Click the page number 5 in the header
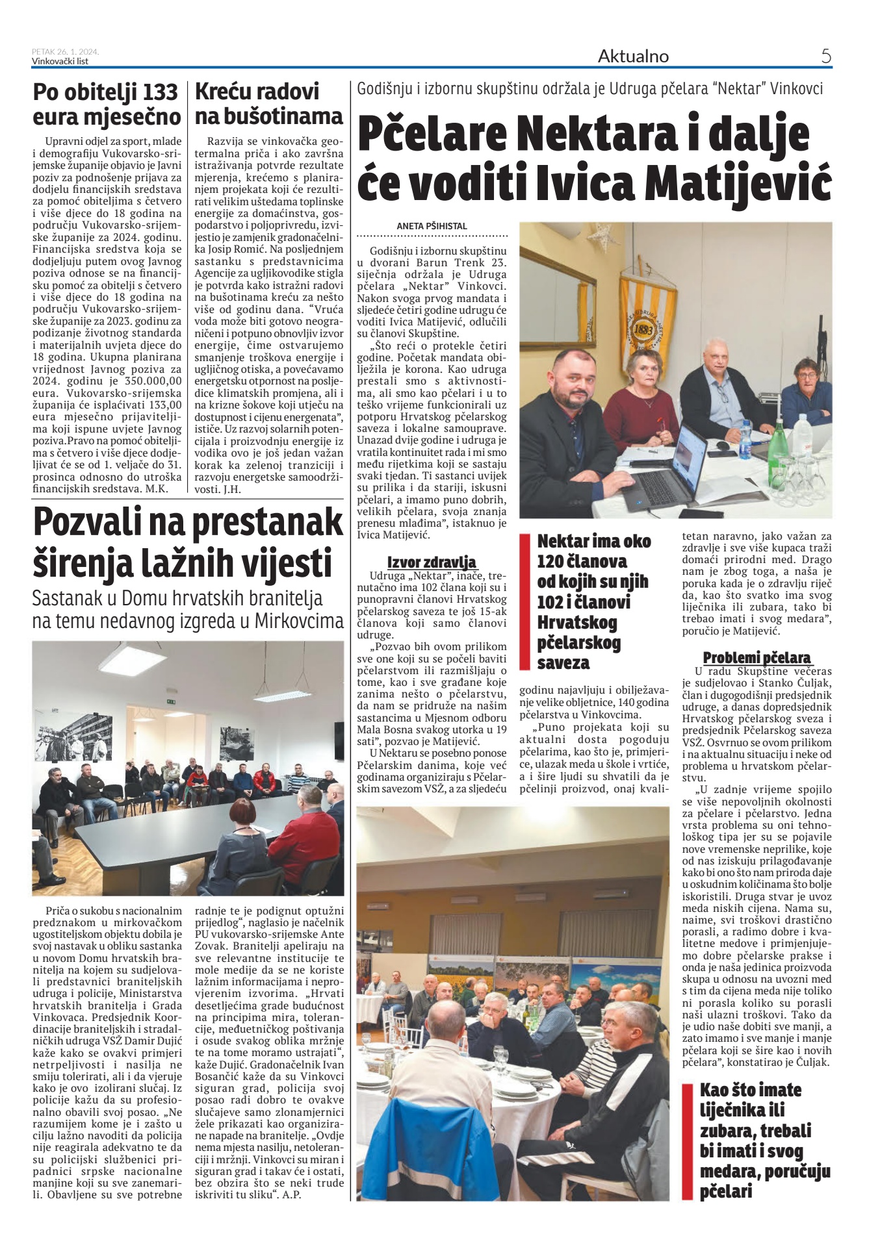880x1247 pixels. click(x=825, y=57)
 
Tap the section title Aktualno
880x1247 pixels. click(x=633, y=57)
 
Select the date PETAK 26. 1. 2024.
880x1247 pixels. click(x=66, y=52)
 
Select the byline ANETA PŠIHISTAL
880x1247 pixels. click(x=432, y=226)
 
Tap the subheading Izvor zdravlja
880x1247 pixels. click(x=432, y=562)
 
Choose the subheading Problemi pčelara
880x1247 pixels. click(x=757, y=657)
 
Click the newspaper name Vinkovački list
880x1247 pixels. click(x=60, y=62)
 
